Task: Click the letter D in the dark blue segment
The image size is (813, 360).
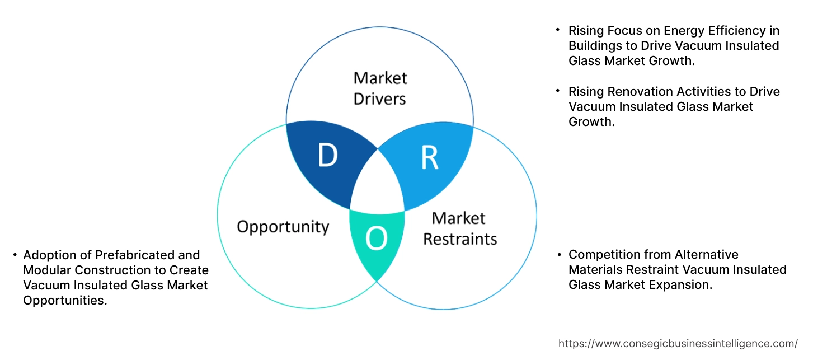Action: tap(328, 156)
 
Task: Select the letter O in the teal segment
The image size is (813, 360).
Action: tap(376, 239)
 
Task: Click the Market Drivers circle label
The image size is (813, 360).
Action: tap(380, 88)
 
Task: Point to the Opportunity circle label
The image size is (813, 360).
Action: tap(283, 227)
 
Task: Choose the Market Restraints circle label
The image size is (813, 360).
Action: tap(460, 228)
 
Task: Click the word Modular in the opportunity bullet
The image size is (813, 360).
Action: tap(45, 270)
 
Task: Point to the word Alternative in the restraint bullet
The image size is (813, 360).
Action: tap(707, 255)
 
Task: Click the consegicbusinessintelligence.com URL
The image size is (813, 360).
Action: tap(678, 344)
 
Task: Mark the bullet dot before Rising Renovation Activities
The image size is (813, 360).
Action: tap(558, 91)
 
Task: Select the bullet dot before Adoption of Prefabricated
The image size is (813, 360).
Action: tap(15, 255)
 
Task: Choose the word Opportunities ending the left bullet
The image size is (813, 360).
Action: tap(64, 301)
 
